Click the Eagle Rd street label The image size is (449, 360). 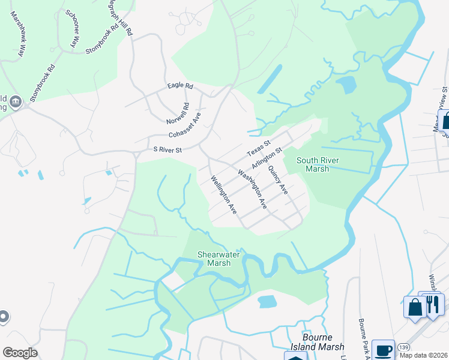tap(180, 86)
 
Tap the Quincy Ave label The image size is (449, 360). tap(278, 180)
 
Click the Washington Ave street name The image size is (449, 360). tap(252, 190)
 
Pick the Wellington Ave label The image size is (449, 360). tap(223, 196)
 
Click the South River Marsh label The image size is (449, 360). tap(318, 164)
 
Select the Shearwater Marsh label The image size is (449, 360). tap(218, 259)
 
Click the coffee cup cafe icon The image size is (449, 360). tap(383, 350)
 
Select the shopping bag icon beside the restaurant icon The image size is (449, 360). tap(415, 308)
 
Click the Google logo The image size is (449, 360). tap(20, 353)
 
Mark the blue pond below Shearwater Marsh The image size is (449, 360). tap(267, 301)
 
